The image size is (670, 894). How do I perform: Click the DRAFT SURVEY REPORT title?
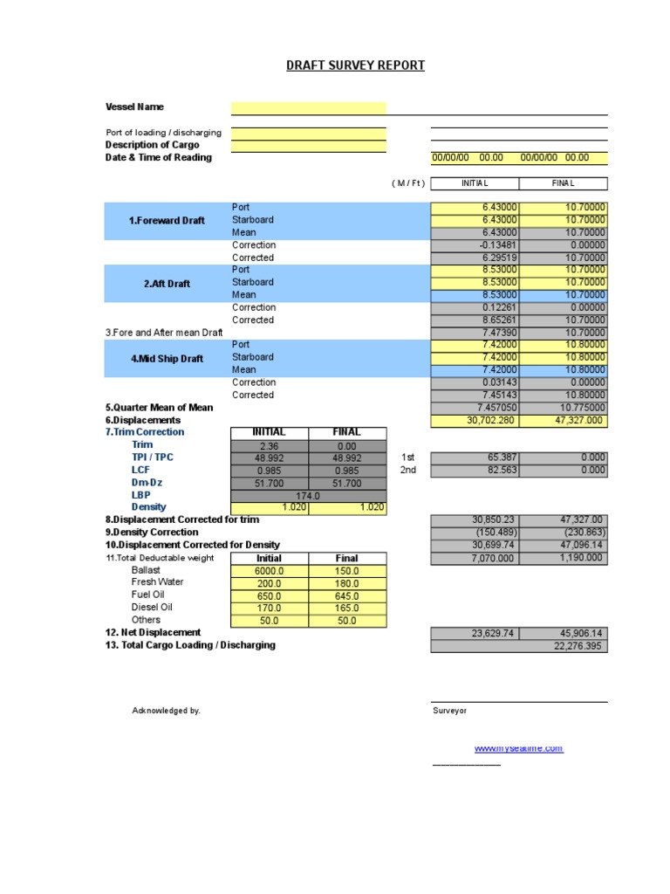coord(355,65)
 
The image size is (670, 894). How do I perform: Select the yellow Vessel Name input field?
coord(308,107)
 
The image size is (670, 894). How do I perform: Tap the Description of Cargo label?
coord(152,145)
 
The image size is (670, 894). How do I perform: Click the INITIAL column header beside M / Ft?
coord(475,183)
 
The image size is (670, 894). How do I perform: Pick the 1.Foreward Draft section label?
coord(167,221)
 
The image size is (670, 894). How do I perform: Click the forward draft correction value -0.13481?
coord(475,245)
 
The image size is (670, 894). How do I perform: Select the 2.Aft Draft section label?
coord(167,284)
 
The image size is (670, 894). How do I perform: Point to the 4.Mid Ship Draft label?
coord(167,358)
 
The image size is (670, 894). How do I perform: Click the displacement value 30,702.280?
coord(475,421)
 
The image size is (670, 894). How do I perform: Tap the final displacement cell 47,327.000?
coord(564,421)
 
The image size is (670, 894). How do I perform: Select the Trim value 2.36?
coord(269,445)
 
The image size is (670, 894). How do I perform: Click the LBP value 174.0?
coord(308,495)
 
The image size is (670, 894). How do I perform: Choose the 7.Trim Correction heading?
coord(145,432)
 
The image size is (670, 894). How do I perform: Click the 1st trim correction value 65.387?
coord(475,457)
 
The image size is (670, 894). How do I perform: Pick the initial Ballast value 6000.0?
coord(269,571)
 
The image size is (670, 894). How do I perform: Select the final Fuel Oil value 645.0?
coord(346,595)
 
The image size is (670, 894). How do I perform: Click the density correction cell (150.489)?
coord(475,532)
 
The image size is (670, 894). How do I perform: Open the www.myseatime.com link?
coord(518,749)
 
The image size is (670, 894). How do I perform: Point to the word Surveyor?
coord(449,711)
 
